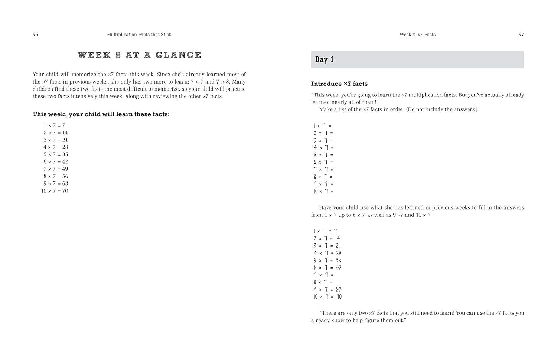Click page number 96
pos(35,35)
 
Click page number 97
pos(521,35)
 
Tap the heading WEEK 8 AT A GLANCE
pos(139,55)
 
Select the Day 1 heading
pos(324,60)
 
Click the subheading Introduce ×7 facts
pos(339,84)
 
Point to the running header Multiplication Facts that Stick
pos(139,35)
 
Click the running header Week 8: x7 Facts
pos(417,35)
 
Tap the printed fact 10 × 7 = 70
pos(55,191)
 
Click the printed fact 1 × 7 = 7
pos(54,125)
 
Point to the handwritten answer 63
pos(338,289)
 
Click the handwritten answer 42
pos(338,268)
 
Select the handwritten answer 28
pos(338,253)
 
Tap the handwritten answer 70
pos(338,297)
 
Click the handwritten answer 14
pos(337,239)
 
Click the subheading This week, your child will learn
pos(101,114)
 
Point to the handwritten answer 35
pos(338,261)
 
